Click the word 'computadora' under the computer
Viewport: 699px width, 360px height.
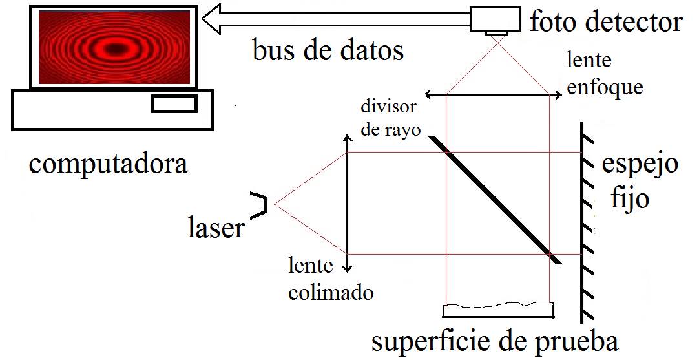(x=109, y=164)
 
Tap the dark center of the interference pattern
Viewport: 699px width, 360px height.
(x=116, y=48)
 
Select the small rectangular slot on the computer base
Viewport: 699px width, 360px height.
(x=174, y=103)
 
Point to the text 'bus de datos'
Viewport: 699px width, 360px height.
(x=328, y=50)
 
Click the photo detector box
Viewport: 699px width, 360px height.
(x=494, y=20)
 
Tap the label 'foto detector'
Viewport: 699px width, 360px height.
(x=605, y=23)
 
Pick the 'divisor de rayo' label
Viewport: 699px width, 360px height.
(x=389, y=118)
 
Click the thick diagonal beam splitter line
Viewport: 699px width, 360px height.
(x=494, y=199)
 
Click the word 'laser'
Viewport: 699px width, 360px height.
(x=216, y=228)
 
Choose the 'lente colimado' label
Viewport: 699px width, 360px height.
(x=331, y=279)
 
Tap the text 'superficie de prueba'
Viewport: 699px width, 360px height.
(x=496, y=341)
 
